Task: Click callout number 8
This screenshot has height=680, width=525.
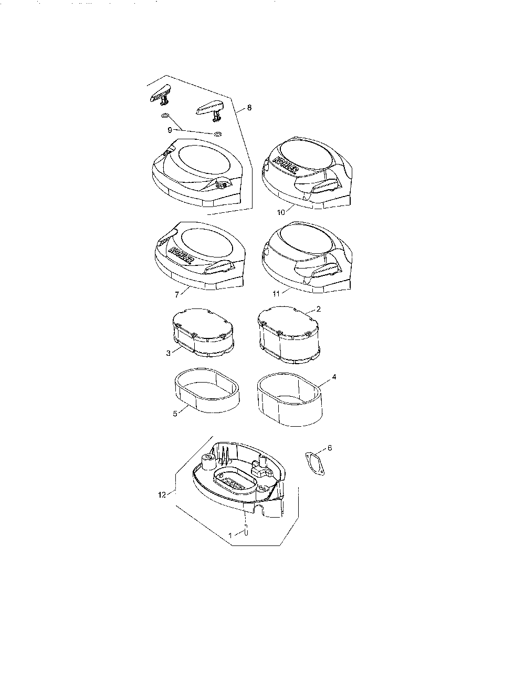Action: coord(249,108)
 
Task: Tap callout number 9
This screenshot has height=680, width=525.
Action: coord(170,130)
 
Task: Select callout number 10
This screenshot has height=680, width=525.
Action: coord(281,212)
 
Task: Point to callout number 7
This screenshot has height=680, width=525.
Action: coord(177,294)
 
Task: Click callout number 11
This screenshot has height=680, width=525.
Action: coord(276,294)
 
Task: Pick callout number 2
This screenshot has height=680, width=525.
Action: coord(319,309)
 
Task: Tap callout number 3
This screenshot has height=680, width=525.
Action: coord(169,353)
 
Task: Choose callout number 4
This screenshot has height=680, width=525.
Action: coord(334,377)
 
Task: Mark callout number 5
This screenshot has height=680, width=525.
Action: coord(175,414)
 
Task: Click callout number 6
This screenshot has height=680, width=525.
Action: coord(330,448)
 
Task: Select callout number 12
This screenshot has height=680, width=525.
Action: coord(162,495)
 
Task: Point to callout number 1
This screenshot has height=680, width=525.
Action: coord(230,535)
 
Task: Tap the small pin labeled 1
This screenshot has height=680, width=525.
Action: coord(246,530)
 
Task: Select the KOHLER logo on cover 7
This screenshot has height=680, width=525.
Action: coord(182,255)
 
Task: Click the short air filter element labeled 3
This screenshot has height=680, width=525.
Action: coord(203,332)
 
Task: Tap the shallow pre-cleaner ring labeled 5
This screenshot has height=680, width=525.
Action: coord(206,390)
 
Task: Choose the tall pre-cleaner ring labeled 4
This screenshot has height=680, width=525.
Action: coord(290,399)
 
